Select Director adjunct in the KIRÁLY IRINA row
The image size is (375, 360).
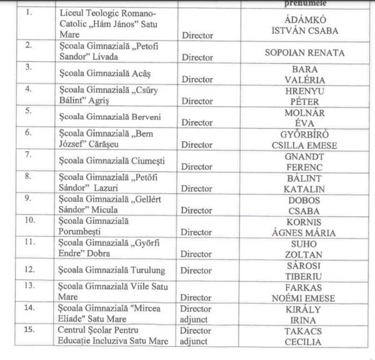click(196, 314)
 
